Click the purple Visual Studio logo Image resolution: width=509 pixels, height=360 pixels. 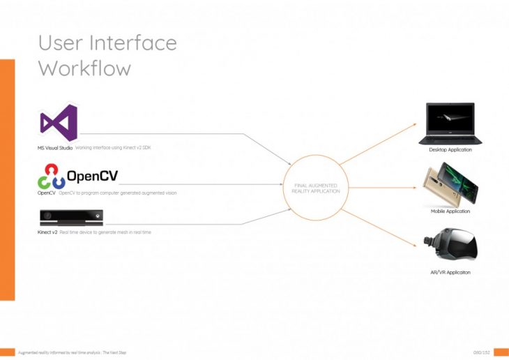click(58, 123)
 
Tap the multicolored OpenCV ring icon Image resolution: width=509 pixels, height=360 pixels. click(51, 176)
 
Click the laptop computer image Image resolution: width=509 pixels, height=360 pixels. click(450, 124)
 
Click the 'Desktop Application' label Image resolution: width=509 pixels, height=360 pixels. click(450, 150)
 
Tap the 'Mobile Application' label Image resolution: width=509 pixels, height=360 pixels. click(450, 211)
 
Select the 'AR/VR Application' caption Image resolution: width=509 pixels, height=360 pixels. click(450, 272)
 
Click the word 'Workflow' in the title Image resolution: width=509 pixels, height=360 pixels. click(84, 68)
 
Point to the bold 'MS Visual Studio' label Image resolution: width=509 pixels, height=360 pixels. click(55, 148)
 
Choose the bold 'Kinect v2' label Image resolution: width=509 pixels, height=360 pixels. click(47, 231)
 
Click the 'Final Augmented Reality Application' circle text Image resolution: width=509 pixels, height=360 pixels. click(316, 188)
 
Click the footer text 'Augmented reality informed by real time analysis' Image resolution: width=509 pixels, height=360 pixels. click(63, 352)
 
